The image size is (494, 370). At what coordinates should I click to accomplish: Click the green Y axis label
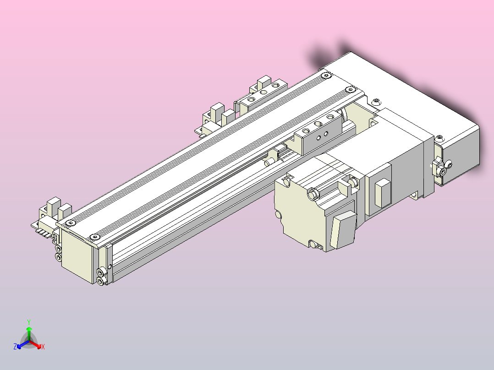pos(28,321)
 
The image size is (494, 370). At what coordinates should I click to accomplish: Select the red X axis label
pos(43,347)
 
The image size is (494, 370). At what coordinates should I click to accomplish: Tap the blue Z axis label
pos(15,347)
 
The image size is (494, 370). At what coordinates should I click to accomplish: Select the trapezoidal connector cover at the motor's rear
pos(343,231)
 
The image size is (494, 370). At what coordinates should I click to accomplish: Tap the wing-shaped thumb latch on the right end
pos(439,169)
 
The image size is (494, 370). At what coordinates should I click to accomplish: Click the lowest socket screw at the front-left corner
pos(100,280)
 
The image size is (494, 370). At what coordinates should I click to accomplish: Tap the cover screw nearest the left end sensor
pos(70,223)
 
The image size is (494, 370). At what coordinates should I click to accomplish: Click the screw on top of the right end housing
pos(440,137)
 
